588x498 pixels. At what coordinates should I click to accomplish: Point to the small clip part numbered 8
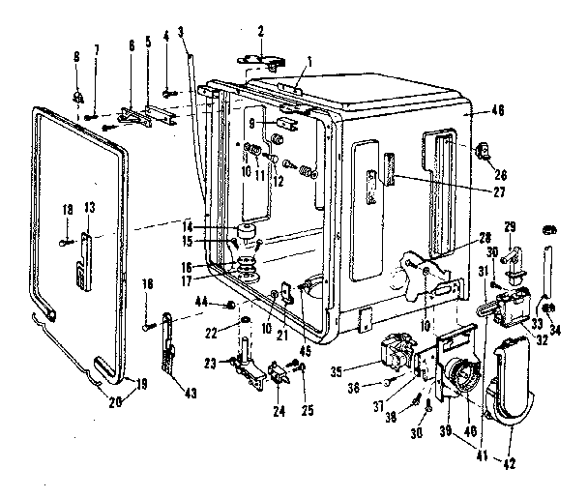coord(78,97)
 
